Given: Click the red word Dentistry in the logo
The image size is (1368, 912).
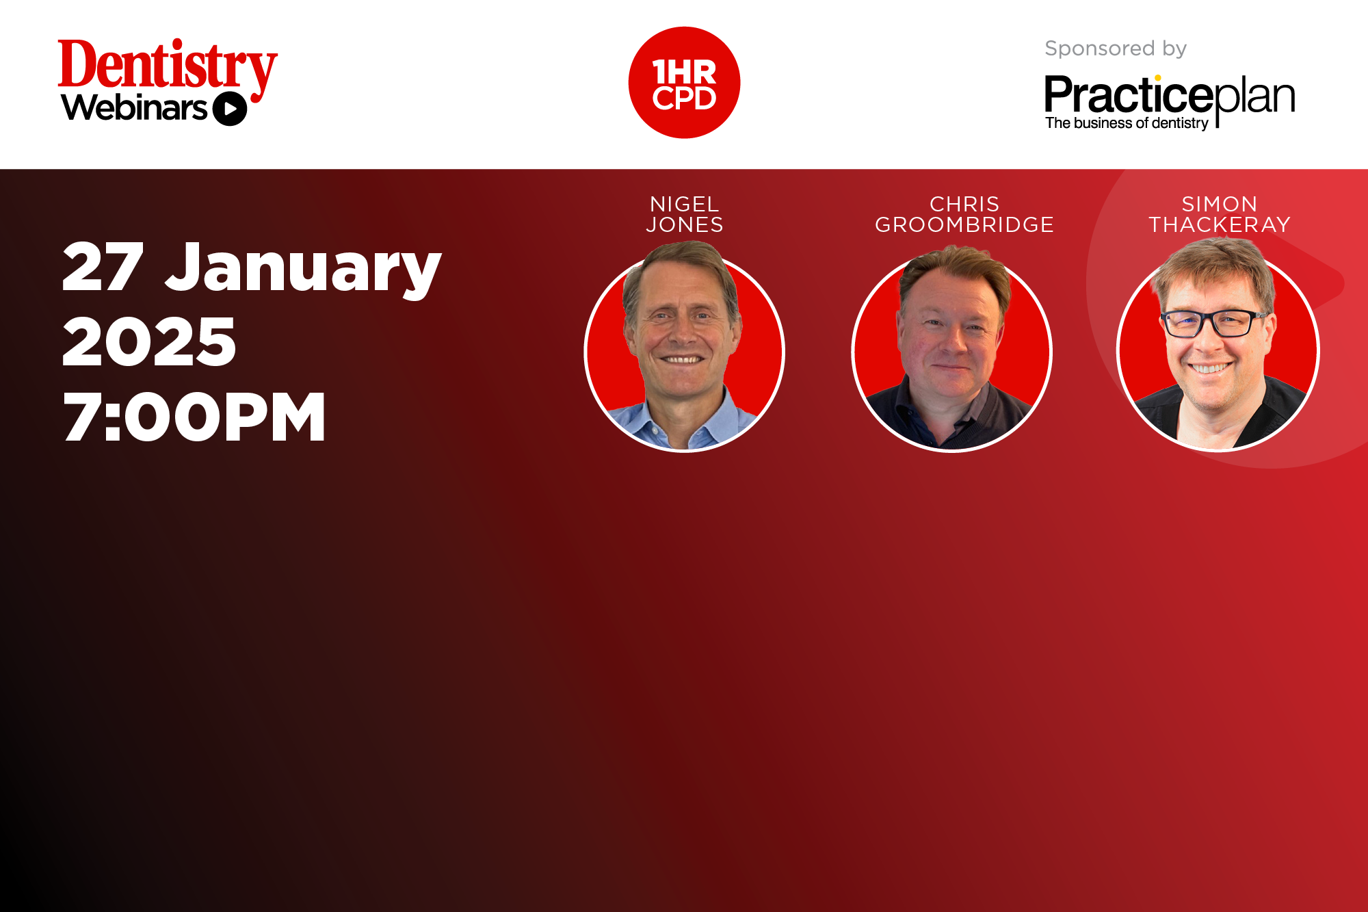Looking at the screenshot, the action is (x=168, y=66).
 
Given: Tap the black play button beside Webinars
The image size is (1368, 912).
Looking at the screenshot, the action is (x=230, y=109).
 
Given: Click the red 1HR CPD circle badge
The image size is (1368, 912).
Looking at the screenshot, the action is (x=684, y=83).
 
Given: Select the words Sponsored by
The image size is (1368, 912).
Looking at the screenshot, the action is (x=1116, y=49).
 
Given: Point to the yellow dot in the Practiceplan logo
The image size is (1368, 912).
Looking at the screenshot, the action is (x=1157, y=78).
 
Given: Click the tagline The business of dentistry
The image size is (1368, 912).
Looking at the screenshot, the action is (x=1127, y=123).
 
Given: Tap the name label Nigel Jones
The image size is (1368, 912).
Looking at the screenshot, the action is (x=685, y=214).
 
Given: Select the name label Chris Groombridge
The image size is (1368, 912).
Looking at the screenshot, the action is (x=964, y=214).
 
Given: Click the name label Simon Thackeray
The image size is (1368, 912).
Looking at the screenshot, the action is (x=1220, y=214).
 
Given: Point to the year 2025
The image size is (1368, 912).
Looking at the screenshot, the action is (x=149, y=341).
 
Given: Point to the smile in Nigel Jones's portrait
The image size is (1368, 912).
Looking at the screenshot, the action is (x=682, y=359).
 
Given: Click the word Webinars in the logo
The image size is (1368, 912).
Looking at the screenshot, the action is (x=134, y=108).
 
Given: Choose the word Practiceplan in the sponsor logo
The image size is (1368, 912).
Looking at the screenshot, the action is (x=1170, y=96).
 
